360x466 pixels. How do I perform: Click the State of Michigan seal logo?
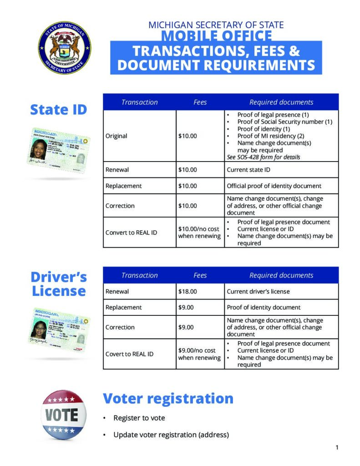pos(64,48)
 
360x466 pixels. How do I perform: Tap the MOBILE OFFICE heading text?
pos(217,36)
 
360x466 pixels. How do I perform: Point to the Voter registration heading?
pos(168,399)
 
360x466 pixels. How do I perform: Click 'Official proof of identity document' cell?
pos(274,186)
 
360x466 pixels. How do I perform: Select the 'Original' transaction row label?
pos(117,136)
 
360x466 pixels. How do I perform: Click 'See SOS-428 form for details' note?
pos(263,157)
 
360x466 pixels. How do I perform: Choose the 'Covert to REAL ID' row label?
pos(129,354)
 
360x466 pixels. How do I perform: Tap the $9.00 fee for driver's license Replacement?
pos(186,307)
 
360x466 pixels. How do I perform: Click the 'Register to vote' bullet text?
pos(139,418)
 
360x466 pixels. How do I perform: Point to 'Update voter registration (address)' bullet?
pos(171,435)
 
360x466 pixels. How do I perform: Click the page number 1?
pos(337,447)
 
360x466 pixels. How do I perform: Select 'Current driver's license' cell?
pos(258,291)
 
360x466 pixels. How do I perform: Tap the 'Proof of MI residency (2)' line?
pos(271,136)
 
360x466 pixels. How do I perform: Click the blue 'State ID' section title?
pos(58,110)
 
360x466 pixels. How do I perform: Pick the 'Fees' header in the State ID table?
pos(200,102)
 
